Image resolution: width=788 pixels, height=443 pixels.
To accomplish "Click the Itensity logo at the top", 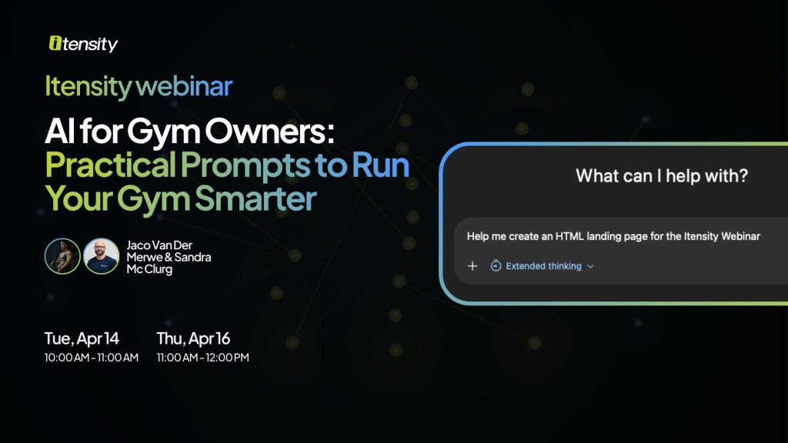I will point(83,44).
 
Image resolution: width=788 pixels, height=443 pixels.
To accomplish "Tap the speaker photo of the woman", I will point(63,256).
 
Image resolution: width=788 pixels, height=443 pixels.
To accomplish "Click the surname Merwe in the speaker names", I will point(146,257).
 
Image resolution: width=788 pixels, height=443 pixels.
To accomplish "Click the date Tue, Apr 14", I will point(82,338).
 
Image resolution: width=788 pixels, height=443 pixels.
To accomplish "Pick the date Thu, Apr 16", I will point(193,338).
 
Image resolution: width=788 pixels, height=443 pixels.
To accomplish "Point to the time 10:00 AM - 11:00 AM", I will point(91,357).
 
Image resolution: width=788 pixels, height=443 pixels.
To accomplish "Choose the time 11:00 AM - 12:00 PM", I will point(202,357).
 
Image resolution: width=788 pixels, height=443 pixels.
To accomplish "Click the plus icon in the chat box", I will point(472,266).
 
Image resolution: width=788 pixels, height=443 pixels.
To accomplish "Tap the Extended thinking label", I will point(544,266).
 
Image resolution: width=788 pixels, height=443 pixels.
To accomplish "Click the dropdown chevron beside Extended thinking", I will point(591,266).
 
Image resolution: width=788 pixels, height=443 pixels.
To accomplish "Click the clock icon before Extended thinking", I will point(496,266).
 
